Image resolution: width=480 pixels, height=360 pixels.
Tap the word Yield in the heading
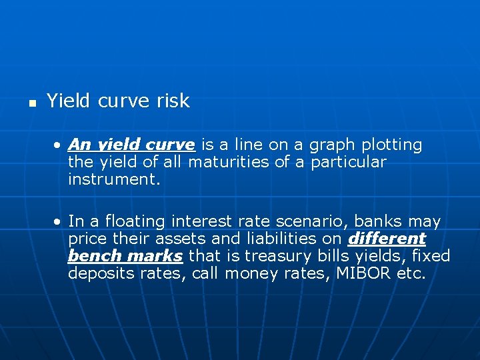pos(69,101)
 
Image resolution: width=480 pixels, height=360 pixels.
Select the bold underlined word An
pos(79,145)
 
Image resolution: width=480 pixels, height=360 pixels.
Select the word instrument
pos(114,179)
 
